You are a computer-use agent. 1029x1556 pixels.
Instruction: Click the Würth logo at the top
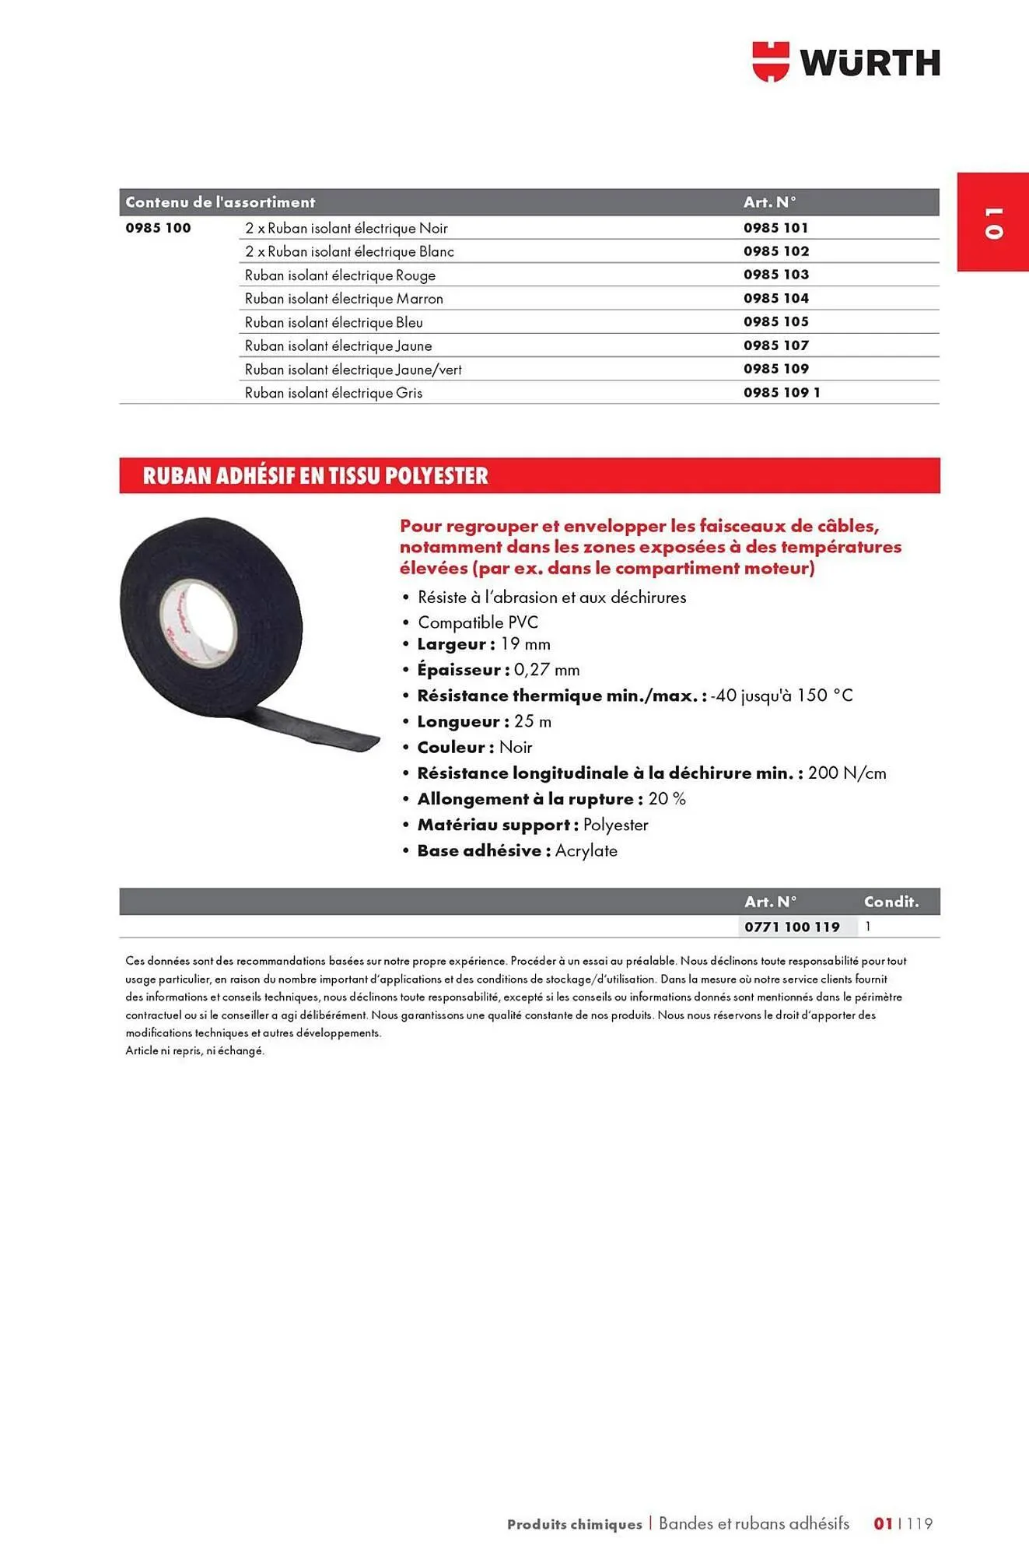tap(845, 62)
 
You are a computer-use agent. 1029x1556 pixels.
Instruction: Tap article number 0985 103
tap(775, 275)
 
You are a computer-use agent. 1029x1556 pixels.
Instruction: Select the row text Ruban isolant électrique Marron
tap(344, 299)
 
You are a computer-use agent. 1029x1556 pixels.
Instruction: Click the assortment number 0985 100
tap(158, 228)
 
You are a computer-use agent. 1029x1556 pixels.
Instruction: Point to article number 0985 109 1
tap(782, 393)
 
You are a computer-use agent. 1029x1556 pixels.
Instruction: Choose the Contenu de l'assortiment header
tap(220, 202)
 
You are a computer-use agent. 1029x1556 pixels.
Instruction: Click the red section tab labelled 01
tap(993, 222)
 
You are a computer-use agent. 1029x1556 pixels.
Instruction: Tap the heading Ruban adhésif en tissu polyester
tap(315, 475)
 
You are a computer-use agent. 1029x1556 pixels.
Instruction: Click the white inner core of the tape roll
tap(198, 622)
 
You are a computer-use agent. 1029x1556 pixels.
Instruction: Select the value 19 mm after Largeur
tap(525, 644)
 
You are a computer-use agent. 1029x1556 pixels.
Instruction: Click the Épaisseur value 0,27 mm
tap(546, 670)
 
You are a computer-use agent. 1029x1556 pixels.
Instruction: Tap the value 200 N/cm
tap(847, 773)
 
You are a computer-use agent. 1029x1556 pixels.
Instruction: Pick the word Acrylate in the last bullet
tap(586, 851)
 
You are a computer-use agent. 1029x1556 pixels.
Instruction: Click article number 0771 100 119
tap(792, 927)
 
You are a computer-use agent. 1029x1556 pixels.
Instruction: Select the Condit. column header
tap(891, 902)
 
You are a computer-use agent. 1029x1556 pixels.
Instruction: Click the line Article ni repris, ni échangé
tap(195, 1051)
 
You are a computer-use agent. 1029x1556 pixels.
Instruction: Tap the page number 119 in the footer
tap(919, 1524)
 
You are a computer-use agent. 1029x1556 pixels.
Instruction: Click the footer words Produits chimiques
tap(574, 1525)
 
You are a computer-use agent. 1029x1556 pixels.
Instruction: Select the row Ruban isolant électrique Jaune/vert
tap(353, 370)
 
